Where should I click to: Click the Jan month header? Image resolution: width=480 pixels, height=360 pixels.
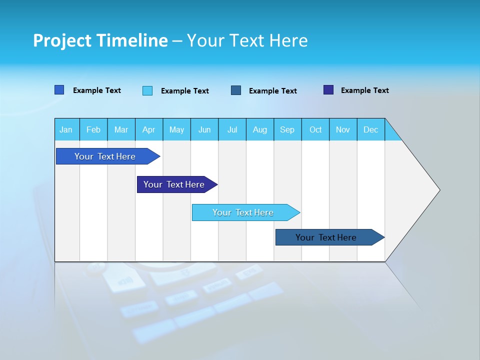[66, 129]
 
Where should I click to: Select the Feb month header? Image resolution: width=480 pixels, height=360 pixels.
[93, 129]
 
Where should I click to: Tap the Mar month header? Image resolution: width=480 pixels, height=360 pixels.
[121, 129]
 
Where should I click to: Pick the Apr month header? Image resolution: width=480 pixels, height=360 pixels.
[149, 129]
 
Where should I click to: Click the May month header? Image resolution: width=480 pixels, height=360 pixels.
[176, 129]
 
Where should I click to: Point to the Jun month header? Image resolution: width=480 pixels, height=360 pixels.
[204, 129]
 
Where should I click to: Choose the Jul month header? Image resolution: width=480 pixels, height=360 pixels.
[232, 129]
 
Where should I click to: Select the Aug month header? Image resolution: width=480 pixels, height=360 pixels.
[260, 129]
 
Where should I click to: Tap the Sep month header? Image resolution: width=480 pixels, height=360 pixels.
[287, 129]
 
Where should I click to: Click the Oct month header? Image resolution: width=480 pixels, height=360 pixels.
[315, 129]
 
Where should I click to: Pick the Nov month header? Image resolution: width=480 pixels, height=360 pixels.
[343, 129]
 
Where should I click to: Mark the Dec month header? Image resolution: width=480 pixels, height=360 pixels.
[371, 129]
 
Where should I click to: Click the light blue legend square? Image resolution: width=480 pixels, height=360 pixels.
[147, 90]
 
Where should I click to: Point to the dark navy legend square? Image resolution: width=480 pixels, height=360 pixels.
[328, 90]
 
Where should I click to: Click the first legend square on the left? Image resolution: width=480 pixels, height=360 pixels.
[59, 90]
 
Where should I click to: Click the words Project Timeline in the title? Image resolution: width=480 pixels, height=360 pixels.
[100, 40]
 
